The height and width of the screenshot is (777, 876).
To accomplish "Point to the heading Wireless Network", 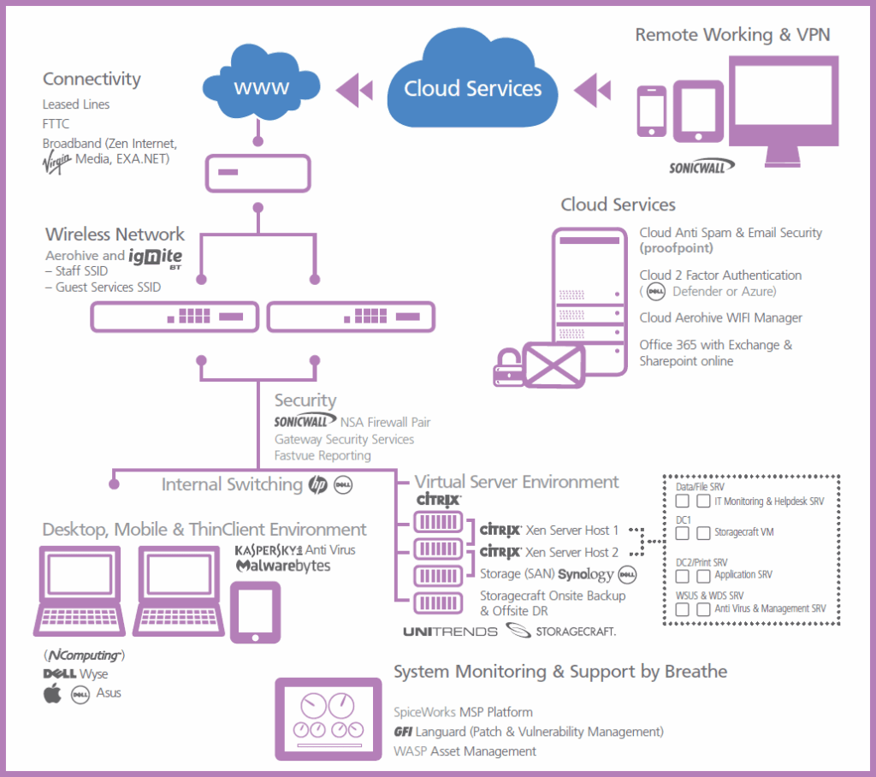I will coord(115,234).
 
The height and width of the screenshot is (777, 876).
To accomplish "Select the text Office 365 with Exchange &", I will coord(715,345).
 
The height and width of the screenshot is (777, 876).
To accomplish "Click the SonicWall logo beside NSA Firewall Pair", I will coord(305,422).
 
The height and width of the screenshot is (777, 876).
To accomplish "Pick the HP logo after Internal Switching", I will coord(317,485).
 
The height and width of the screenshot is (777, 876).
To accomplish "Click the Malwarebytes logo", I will coord(282,566).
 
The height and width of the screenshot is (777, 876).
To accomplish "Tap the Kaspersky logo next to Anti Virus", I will coord(267,549).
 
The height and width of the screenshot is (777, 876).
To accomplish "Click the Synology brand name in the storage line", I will coord(586,574).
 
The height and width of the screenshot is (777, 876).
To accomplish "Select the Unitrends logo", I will coord(449,632).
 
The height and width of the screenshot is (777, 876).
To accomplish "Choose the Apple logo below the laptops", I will coord(53,693).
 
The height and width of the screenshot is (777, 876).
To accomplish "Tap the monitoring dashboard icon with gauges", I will coord(328,720).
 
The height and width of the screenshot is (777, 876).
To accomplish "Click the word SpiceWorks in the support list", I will coord(424,712).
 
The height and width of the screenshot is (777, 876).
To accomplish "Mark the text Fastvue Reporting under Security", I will coord(323,456).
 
